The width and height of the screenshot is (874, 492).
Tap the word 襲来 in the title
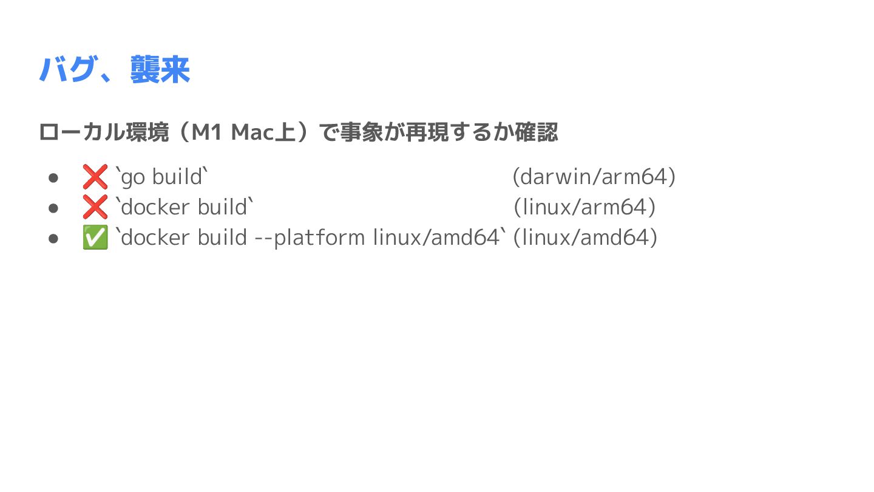160,70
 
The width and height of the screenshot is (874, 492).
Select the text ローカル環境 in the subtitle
103,132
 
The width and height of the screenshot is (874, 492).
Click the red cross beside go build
95,177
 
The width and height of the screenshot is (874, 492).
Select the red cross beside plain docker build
95,208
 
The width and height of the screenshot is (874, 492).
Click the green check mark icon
95,237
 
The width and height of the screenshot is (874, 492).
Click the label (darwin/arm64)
594,177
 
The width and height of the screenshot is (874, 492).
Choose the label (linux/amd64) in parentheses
585,237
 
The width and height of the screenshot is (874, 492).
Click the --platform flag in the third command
310,237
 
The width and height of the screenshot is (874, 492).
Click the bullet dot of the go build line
53,178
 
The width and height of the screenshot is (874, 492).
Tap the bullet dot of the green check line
53,238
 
